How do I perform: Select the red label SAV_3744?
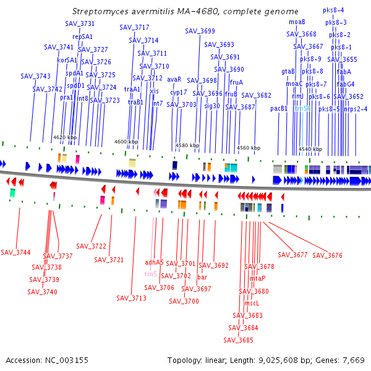click(x=15, y=252)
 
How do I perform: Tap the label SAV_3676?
click(x=327, y=255)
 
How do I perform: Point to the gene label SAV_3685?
click(x=239, y=339)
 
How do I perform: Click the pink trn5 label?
click(x=150, y=273)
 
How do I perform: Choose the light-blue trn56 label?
click(x=302, y=108)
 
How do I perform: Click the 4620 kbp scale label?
click(x=65, y=137)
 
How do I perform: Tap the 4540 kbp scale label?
click(x=310, y=149)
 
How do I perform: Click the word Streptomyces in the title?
click(x=101, y=11)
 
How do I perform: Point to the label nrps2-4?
click(x=356, y=109)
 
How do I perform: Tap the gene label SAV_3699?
click(x=200, y=31)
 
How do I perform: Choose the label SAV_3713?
click(x=131, y=298)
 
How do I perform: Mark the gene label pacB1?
click(x=279, y=109)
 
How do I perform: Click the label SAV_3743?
click(x=35, y=76)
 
